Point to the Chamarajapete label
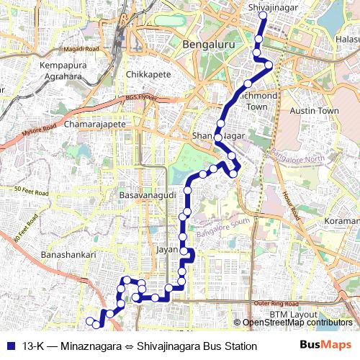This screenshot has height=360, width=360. (x=95, y=125)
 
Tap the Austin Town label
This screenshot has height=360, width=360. (x=313, y=111)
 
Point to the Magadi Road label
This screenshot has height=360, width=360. (x=79, y=48)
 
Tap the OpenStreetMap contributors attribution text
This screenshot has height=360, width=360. (x=297, y=323)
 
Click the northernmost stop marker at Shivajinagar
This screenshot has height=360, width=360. (x=263, y=15)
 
